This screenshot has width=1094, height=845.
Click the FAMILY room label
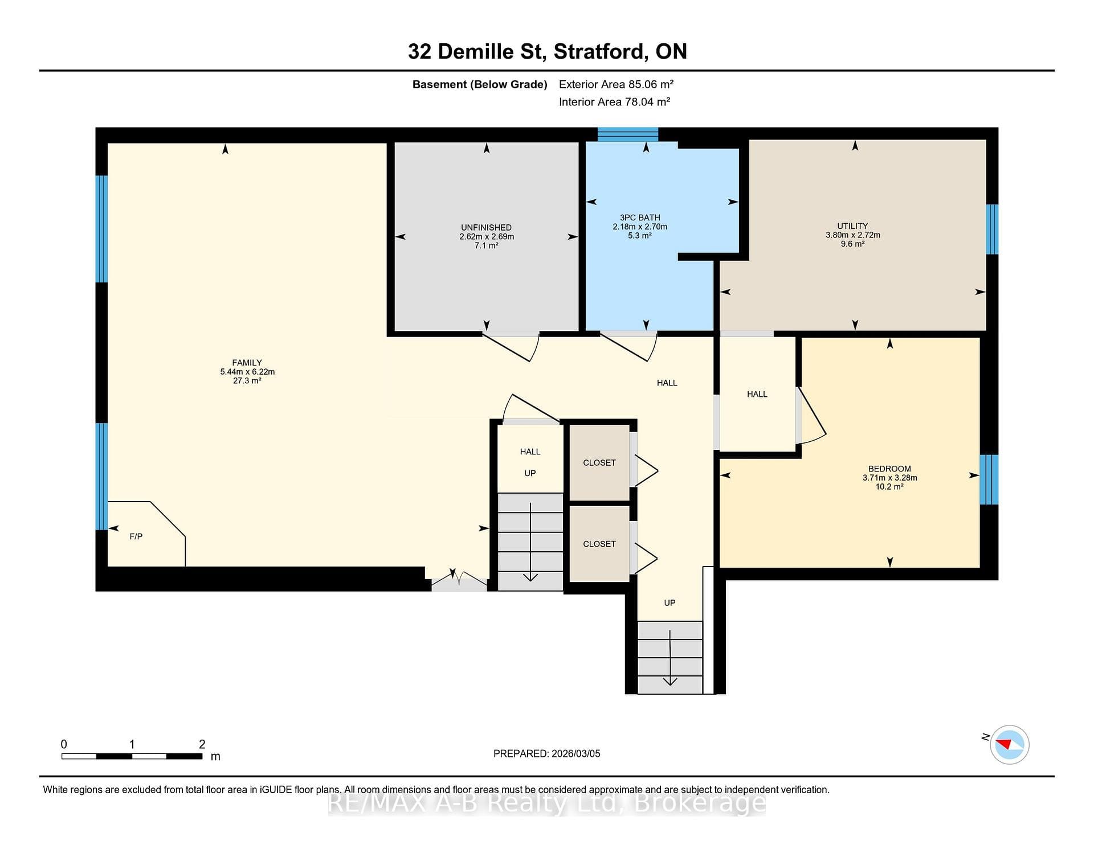coord(247,363)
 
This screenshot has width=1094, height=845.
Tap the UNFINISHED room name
coord(486,227)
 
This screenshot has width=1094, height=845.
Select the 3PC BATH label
coord(640,218)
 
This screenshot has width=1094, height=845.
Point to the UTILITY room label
coord(852,225)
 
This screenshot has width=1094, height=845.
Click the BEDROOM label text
coord(889,469)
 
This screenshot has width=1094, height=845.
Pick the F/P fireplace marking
coord(136,536)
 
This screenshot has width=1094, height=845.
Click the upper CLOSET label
coord(599,463)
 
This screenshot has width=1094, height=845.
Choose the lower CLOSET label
coord(599,544)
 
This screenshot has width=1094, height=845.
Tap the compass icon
coord(1009,744)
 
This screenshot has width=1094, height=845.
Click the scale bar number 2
coord(202,744)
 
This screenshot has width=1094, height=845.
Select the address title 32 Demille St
coord(477,52)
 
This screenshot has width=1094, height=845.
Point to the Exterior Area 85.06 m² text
coord(616,84)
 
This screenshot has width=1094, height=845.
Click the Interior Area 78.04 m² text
coord(614,102)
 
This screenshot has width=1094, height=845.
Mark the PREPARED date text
coord(547,753)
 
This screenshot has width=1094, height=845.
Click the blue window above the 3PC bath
coord(628,134)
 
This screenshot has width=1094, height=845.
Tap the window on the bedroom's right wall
coord(989,479)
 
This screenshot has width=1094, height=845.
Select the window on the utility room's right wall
coord(992,229)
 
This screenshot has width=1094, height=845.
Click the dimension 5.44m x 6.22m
coord(247,372)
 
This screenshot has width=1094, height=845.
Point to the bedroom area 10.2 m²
coord(889,487)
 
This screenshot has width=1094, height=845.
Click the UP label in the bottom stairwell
coord(670,602)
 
